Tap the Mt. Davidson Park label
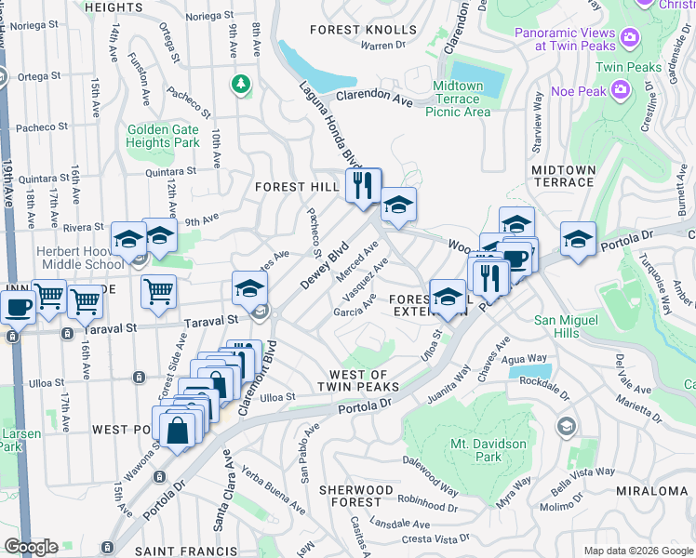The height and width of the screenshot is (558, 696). (x=489, y=450)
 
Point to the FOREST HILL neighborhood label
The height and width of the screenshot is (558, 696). (x=298, y=187)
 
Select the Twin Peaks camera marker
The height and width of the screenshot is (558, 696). (x=631, y=36)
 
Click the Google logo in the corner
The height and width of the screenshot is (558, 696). (x=31, y=546)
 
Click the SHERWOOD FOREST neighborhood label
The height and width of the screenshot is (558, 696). (x=355, y=497)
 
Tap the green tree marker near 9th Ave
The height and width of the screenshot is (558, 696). (x=242, y=85)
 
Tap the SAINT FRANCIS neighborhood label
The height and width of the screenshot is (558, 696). (x=181, y=551)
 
